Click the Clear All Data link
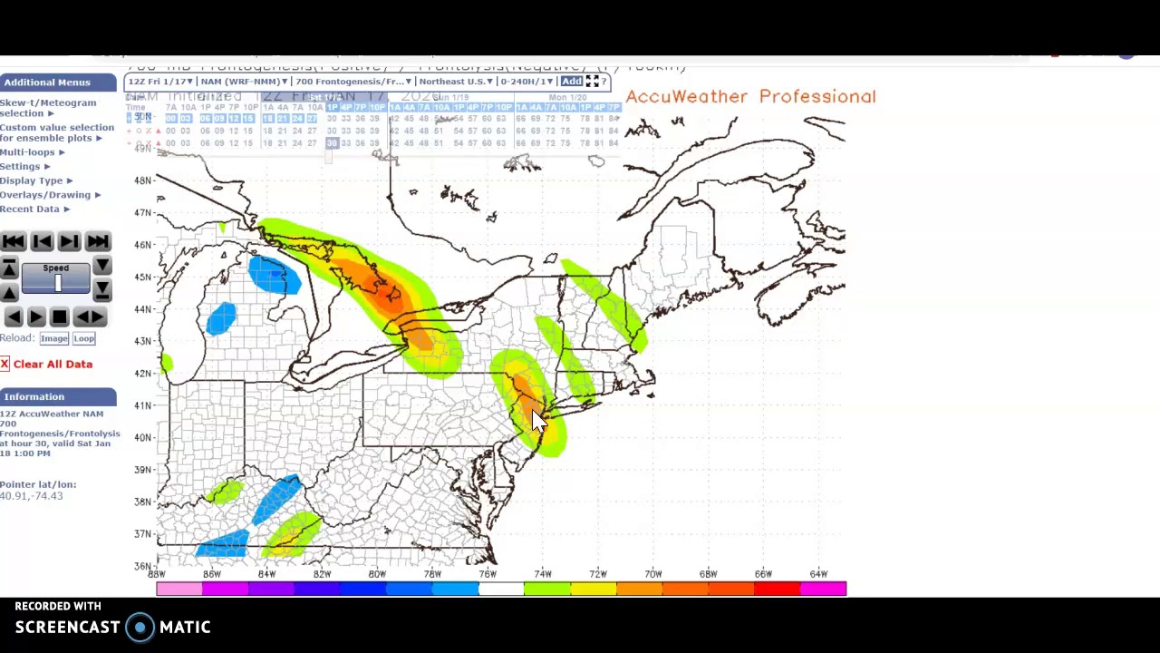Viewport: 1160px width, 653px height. (53, 364)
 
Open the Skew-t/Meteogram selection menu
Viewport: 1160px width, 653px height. (47, 107)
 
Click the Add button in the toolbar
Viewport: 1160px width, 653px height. (571, 82)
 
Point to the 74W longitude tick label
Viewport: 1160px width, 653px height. (542, 574)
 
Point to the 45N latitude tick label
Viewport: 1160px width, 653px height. (142, 278)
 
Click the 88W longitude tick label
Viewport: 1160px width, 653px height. (157, 574)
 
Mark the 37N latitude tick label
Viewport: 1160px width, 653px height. (142, 534)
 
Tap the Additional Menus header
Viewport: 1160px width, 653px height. (47, 83)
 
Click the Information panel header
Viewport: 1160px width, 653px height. (34, 397)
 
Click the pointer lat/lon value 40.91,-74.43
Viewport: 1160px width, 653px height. (32, 496)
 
